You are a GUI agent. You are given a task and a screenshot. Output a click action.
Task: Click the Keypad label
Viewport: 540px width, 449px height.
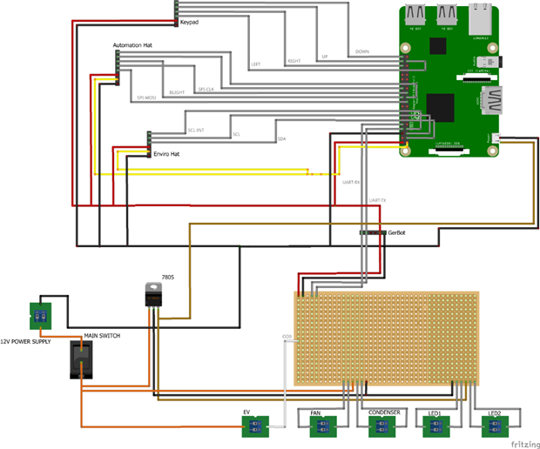pos(189,23)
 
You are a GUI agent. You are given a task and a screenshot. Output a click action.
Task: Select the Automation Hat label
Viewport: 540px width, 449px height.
pos(134,44)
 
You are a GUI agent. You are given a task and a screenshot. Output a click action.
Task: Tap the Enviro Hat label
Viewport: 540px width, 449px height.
pos(166,153)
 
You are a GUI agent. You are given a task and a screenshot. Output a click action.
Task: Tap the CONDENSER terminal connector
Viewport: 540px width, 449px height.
pos(380,426)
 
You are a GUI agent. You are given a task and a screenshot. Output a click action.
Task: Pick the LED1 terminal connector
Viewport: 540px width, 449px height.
pos(435,426)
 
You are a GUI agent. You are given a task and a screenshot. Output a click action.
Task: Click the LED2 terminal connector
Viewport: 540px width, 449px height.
pos(494,426)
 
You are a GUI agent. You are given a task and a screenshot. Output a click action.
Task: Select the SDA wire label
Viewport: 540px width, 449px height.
pos(281,139)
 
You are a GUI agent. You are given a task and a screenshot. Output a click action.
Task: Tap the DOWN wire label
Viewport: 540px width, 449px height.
pos(362,51)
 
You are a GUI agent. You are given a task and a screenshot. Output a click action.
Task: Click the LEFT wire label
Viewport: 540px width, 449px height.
pos(256,64)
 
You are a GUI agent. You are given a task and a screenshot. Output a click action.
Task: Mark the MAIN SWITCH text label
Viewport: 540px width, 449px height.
pos(102,335)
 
